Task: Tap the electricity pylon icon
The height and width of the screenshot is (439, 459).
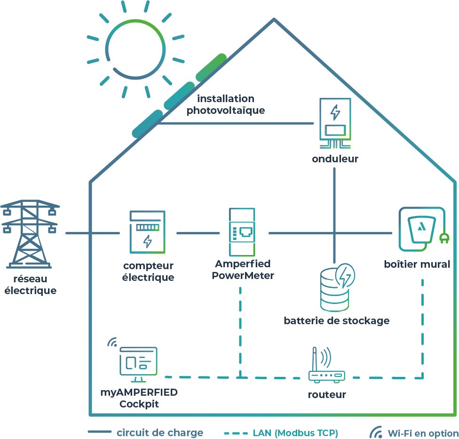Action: [x=30, y=234]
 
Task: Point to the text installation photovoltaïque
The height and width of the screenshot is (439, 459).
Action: [x=226, y=104]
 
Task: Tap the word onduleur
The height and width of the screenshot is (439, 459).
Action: [x=335, y=159]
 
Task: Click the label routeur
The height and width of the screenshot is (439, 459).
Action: [x=327, y=394]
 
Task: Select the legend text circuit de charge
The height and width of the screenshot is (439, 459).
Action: [x=160, y=432]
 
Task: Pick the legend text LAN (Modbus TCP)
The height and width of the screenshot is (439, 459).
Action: [x=295, y=432]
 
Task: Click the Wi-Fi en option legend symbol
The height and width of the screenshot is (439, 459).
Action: [x=376, y=432]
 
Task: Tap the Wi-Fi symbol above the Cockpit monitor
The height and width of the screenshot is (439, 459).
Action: [x=112, y=342]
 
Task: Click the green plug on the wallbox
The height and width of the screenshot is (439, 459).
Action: [x=443, y=239]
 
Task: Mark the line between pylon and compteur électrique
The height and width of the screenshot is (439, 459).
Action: [x=93, y=233]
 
